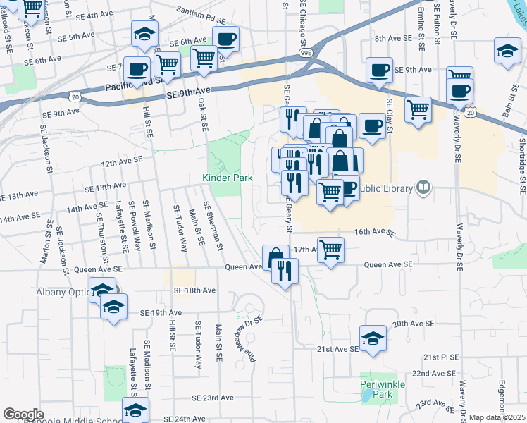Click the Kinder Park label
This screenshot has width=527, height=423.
click(228, 178)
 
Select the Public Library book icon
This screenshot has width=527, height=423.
click(423, 188)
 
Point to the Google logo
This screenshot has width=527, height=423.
click(23, 415)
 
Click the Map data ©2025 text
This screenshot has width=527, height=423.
click(497, 417)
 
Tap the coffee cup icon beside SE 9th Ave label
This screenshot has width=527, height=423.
click(379, 70)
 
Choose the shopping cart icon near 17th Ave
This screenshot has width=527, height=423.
click(330, 248)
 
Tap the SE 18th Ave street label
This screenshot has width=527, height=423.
click(191, 290)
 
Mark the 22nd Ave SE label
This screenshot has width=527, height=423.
click(435, 373)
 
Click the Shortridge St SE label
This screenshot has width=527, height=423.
click(522, 166)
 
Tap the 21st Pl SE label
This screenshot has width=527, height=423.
click(441, 357)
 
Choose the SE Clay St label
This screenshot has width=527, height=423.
click(389, 118)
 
